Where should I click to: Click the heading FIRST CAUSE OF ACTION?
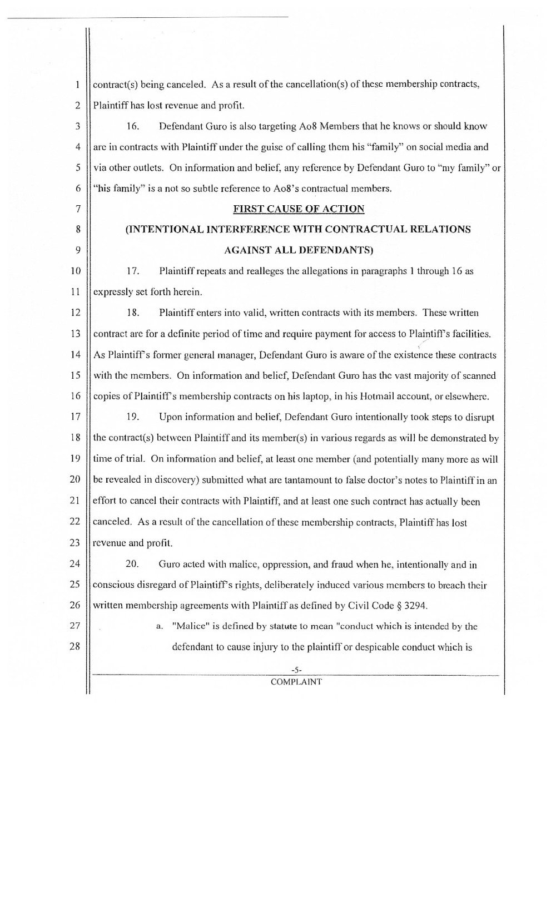299,209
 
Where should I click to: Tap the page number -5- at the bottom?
296,670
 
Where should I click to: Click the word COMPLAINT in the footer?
296,682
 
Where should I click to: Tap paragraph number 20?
132,565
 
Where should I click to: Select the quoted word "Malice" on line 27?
190,626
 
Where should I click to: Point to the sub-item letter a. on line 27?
159,627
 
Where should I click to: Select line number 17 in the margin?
75,417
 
